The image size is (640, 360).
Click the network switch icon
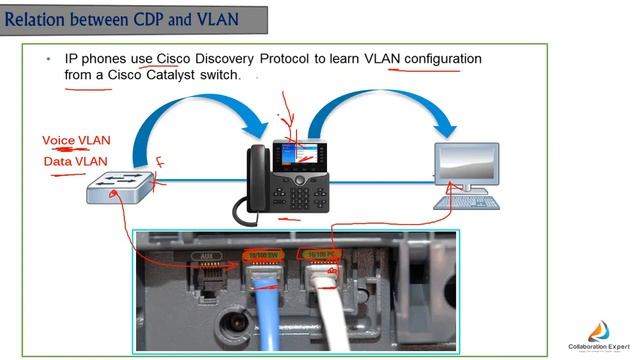pyautogui.click(x=119, y=184)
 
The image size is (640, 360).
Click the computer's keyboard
pyautogui.click(x=468, y=200)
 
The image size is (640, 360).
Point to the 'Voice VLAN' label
pyautogui.click(x=76, y=141)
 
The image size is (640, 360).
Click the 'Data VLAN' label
pyautogui.click(x=75, y=161)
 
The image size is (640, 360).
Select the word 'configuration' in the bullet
pyautogui.click(x=443, y=59)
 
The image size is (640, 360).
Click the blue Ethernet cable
pyautogui.click(x=267, y=310)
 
